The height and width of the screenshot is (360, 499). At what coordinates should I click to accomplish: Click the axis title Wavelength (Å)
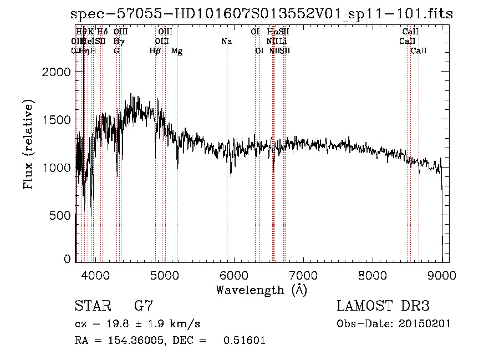[261, 290]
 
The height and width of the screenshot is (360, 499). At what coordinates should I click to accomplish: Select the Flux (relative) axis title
[28, 144]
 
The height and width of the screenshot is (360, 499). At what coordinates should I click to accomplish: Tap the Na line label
[226, 42]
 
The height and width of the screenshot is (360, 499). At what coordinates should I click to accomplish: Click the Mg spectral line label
[177, 51]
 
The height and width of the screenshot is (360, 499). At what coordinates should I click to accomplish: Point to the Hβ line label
[155, 51]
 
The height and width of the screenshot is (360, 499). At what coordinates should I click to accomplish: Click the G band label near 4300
[116, 51]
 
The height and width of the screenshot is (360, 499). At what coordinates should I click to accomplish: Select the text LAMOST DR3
[383, 306]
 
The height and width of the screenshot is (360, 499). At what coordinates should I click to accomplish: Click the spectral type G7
[143, 306]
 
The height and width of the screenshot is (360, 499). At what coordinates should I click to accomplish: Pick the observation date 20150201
[426, 324]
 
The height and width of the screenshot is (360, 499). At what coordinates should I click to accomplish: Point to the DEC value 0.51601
[244, 341]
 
